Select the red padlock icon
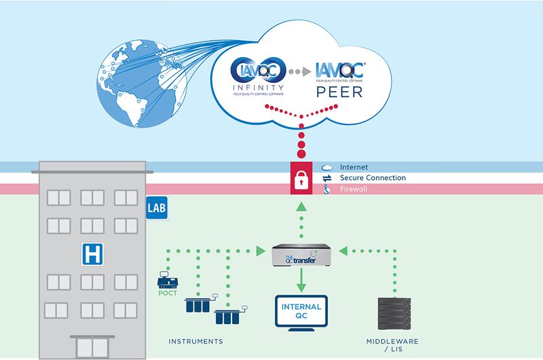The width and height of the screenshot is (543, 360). [301, 178]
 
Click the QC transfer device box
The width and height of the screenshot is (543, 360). [301, 256]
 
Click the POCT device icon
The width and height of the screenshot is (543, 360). [165, 279]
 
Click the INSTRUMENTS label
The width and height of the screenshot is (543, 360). [197, 341]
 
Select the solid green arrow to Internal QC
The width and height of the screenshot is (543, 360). [301, 280]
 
